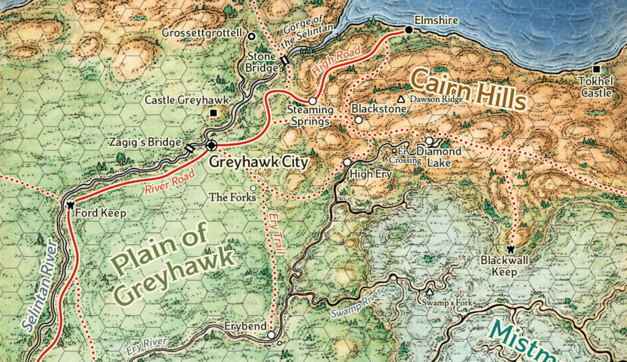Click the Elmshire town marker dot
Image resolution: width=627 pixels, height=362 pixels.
[408, 29]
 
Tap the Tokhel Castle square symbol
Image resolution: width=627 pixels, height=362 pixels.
[596, 69]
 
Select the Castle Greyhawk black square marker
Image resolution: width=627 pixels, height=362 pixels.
[213, 113]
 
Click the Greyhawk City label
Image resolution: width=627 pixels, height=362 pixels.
[258, 162]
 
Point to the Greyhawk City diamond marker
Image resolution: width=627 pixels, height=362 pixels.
[211, 145]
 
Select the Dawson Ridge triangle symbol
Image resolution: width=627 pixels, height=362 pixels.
[401, 99]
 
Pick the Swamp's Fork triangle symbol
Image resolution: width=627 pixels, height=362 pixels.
[429, 292]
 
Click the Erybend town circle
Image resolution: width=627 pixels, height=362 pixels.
[271, 335]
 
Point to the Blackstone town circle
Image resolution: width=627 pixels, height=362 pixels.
[359, 120]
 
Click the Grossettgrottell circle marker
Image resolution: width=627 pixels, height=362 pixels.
[251, 36]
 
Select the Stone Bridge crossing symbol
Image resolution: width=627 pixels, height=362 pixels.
[285, 60]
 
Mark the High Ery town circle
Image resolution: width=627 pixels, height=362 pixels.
[347, 162]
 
